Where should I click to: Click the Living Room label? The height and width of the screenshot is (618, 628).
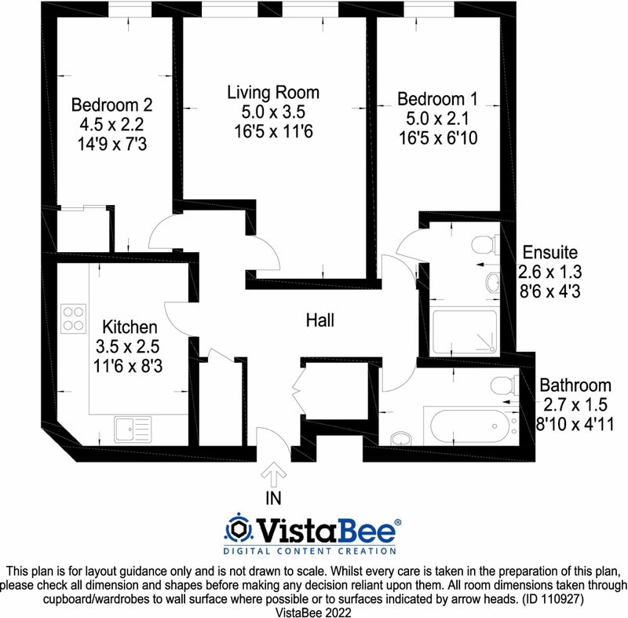click(273, 93)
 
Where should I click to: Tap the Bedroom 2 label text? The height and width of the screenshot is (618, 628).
click(111, 105)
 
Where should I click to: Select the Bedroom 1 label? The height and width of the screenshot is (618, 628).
click(437, 99)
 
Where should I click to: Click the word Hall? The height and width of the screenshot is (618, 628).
click(320, 320)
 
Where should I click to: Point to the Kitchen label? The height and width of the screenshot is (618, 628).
click(130, 327)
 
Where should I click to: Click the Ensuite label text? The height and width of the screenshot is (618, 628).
click(550, 252)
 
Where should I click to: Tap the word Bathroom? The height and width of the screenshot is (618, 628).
click(575, 386)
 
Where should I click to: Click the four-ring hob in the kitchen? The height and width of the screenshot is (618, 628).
click(73, 319)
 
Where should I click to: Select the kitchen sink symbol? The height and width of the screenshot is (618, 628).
click(133, 429)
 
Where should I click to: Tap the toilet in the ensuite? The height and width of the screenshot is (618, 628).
click(485, 244)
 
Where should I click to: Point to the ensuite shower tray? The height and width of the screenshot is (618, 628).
click(464, 332)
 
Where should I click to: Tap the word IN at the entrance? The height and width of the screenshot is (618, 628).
click(273, 498)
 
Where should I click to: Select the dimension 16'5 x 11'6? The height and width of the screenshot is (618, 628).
click(273, 131)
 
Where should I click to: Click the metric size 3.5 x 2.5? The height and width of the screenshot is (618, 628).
click(127, 346)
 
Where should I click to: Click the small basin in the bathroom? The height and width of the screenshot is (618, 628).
click(400, 439)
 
